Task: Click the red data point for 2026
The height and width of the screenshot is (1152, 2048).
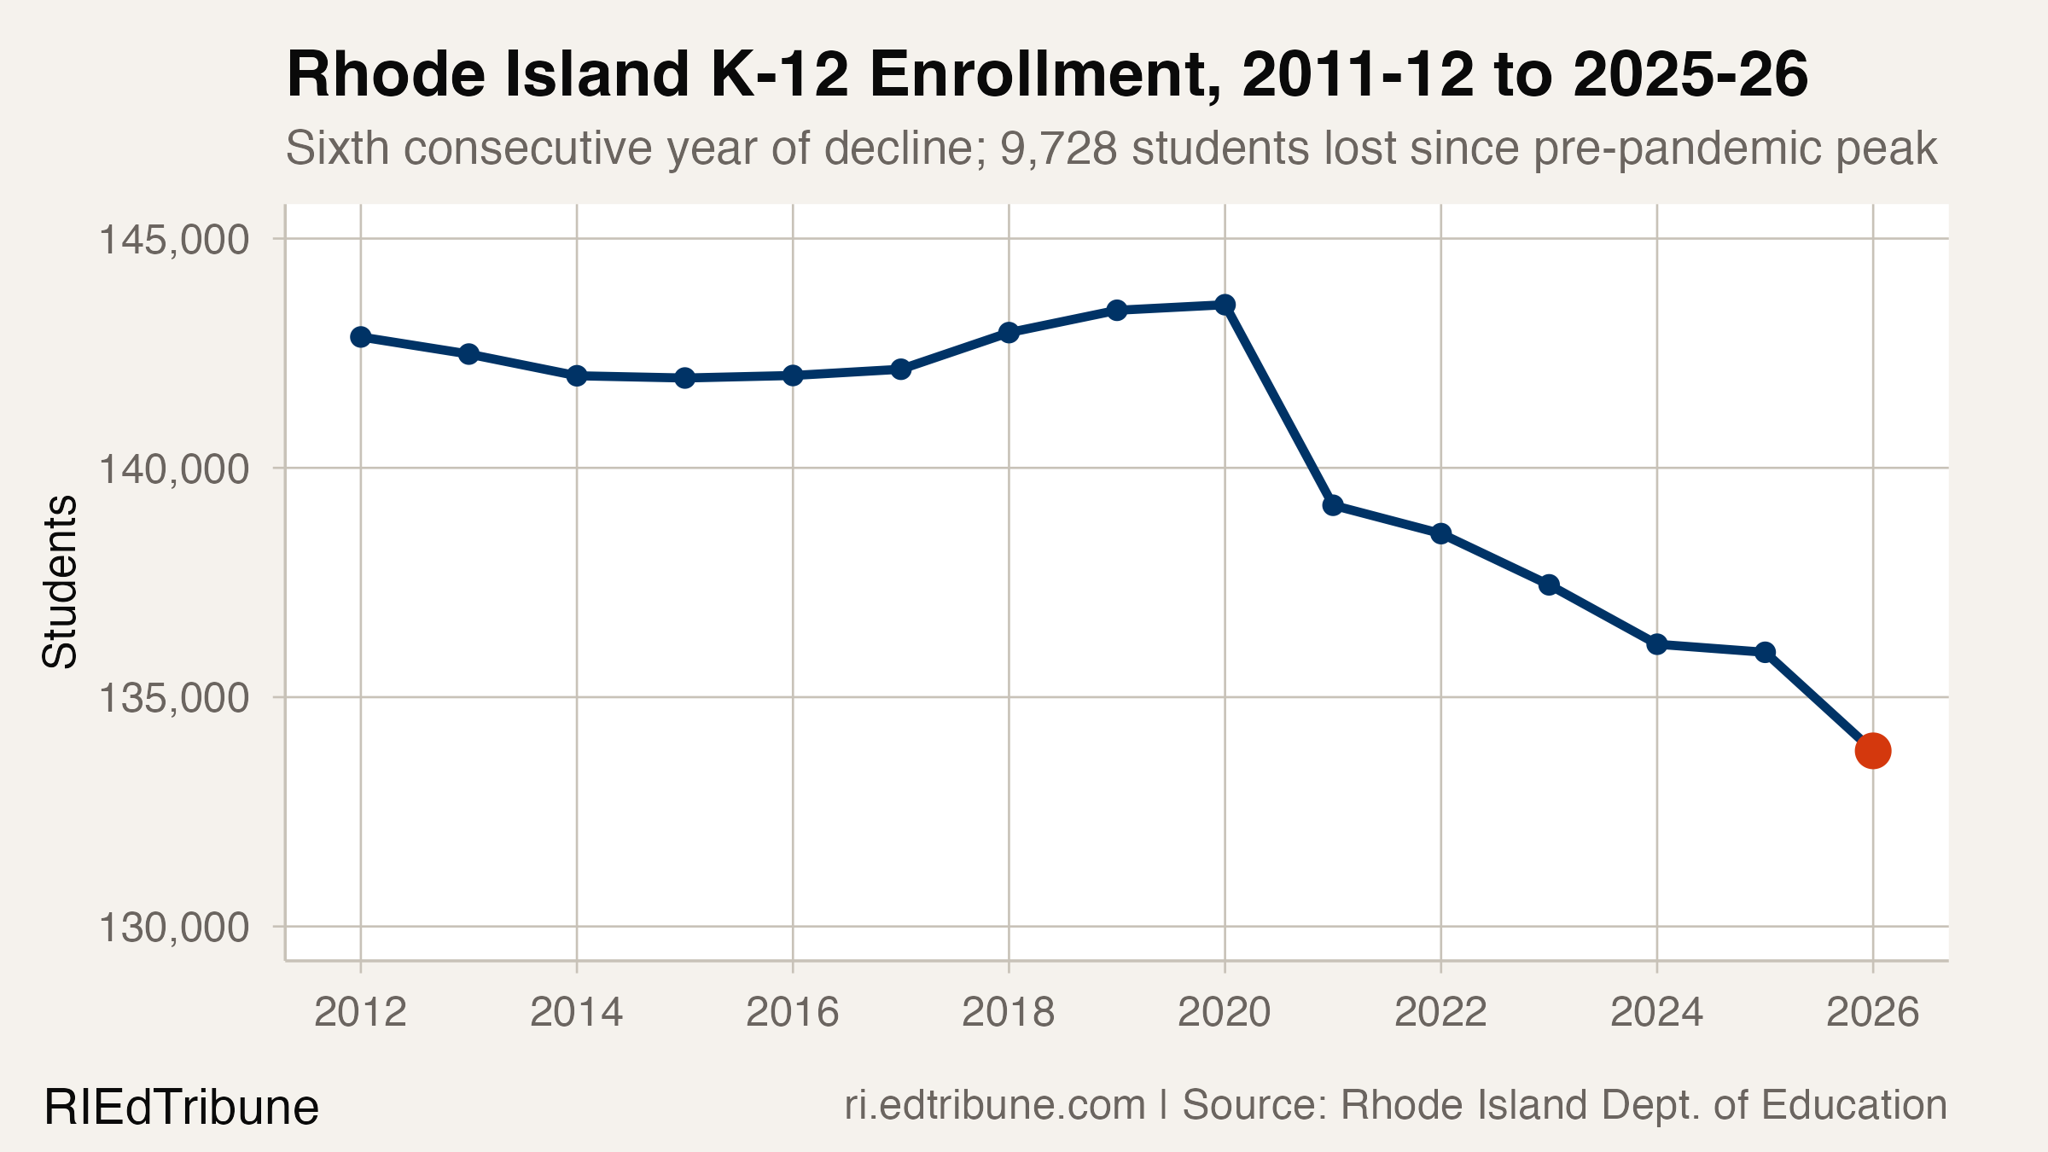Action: (x=1872, y=751)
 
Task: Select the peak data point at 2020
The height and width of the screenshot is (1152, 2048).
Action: (x=1225, y=305)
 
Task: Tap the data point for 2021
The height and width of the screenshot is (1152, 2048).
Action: (x=1333, y=505)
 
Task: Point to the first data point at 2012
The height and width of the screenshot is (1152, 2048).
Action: (x=361, y=337)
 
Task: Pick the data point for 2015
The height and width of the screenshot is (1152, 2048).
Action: (x=684, y=377)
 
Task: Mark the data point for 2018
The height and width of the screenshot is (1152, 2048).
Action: (x=1009, y=332)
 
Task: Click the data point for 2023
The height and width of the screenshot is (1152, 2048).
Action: (x=1549, y=585)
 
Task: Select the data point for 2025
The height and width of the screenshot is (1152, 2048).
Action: (x=1765, y=652)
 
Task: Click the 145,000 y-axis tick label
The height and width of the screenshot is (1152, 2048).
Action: (x=174, y=240)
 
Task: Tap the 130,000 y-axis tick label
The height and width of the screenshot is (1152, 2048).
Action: (x=174, y=928)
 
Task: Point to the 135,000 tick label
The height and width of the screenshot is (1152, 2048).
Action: (x=174, y=699)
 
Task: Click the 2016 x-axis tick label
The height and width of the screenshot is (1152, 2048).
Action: (x=792, y=1013)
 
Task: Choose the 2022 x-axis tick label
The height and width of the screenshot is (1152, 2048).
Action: (x=1440, y=1013)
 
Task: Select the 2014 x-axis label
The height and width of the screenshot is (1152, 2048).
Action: (x=576, y=1013)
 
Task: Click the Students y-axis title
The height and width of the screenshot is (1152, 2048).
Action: (x=60, y=581)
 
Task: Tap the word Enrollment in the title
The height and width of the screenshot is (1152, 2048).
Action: (x=1044, y=75)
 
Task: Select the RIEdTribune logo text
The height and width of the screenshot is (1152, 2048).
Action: (x=181, y=1108)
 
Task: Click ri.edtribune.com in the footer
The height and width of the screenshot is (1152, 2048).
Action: (x=994, y=1105)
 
